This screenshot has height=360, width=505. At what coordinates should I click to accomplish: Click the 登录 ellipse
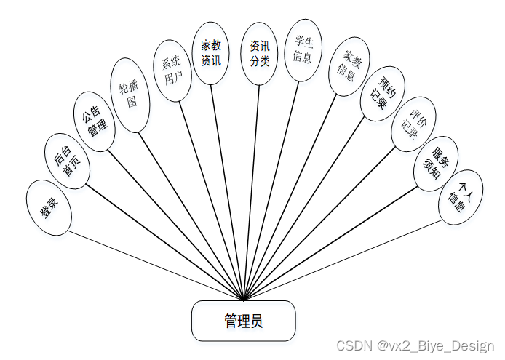(49, 208)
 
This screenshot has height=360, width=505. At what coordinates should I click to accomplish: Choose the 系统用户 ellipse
(173, 71)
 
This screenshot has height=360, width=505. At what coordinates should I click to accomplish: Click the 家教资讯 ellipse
(211, 52)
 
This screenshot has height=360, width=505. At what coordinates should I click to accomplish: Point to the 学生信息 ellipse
(301, 49)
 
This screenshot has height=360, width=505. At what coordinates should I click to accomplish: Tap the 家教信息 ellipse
(347, 65)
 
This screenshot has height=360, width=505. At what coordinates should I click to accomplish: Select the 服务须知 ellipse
(436, 163)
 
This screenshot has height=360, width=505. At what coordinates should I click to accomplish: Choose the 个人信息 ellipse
(461, 197)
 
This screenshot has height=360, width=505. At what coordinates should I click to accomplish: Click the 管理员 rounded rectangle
(243, 321)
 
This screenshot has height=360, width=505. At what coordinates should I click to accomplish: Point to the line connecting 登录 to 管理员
(156, 265)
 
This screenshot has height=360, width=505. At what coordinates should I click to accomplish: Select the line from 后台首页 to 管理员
(164, 241)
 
